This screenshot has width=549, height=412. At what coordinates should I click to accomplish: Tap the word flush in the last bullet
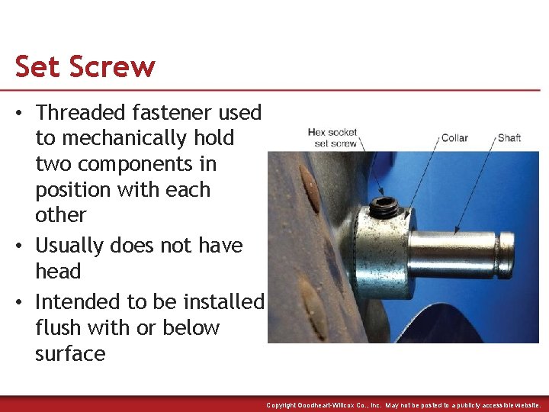[58, 328]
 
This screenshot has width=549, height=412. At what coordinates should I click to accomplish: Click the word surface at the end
[70, 354]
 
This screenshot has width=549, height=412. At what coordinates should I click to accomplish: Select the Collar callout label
[454, 138]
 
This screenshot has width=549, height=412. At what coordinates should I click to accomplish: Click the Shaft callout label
[509, 138]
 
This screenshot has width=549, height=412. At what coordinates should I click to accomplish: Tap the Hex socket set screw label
[332, 137]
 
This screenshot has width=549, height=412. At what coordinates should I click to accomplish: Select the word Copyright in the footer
[282, 405]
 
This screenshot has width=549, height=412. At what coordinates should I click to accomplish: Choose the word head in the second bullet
[58, 272]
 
